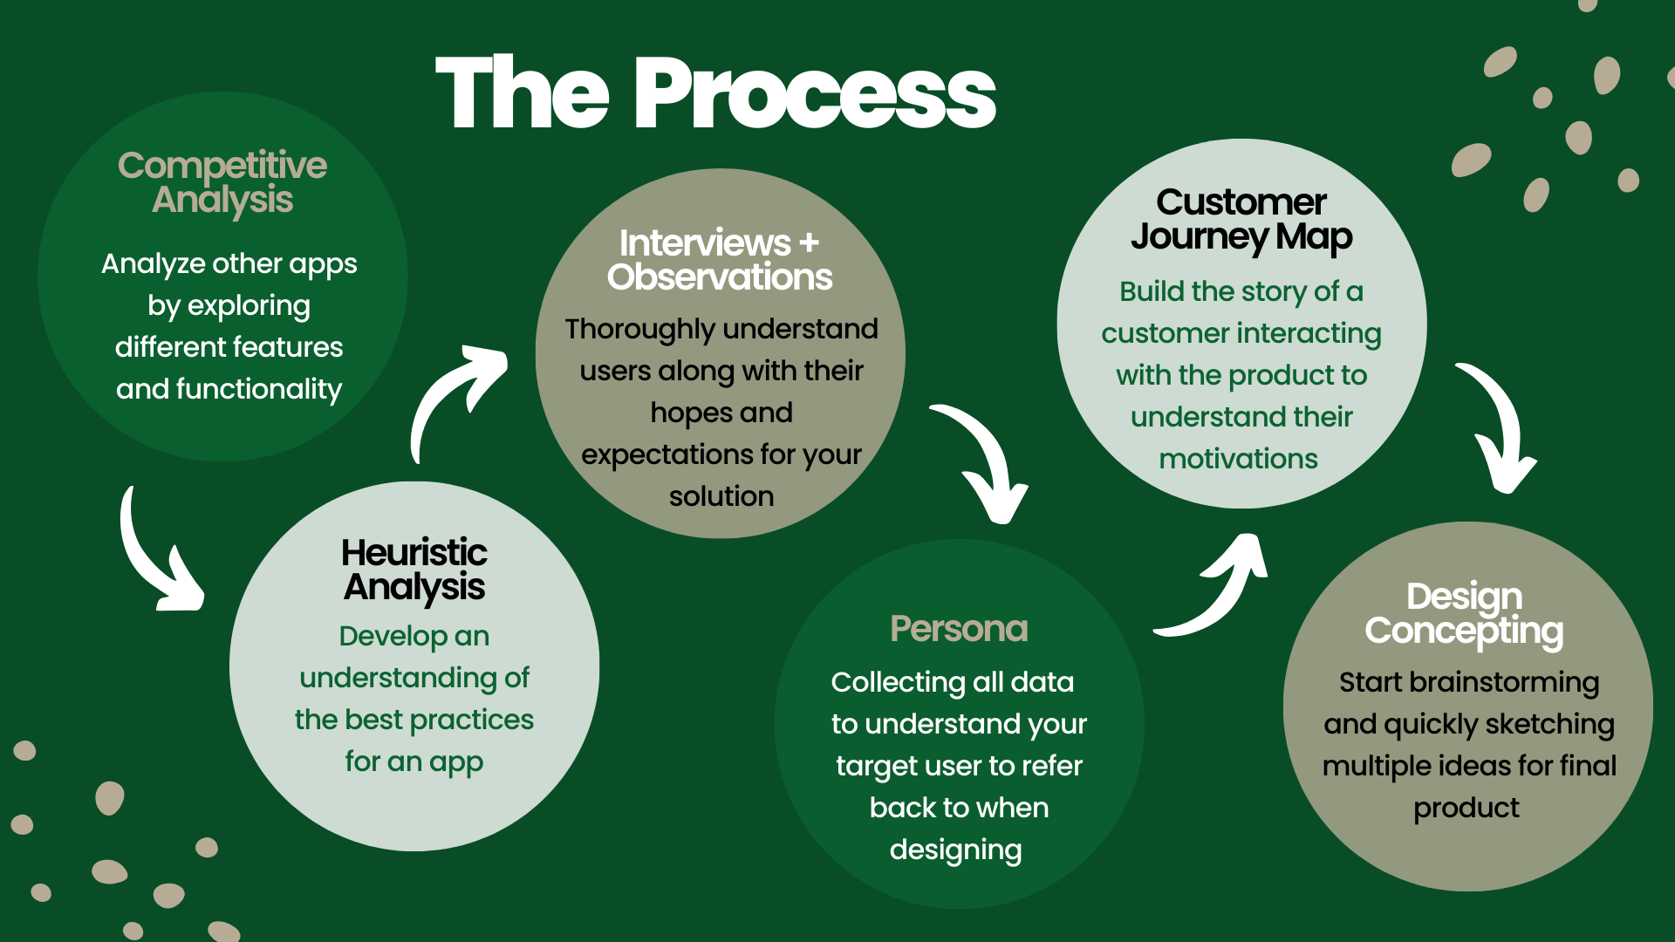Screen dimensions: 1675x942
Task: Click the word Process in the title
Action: (x=816, y=92)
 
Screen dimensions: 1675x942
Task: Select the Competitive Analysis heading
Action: (x=222, y=182)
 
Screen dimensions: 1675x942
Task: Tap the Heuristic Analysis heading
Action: (x=414, y=570)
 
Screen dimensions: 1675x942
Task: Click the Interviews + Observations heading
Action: (x=720, y=259)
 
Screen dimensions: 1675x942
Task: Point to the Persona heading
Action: (x=959, y=628)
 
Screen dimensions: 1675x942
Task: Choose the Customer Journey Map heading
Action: (x=1241, y=220)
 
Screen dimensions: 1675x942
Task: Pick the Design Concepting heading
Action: (x=1465, y=614)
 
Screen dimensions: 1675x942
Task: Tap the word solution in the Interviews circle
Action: (x=721, y=496)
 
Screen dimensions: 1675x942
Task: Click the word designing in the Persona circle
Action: (x=956, y=850)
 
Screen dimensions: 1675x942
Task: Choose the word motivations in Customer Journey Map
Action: (x=1239, y=459)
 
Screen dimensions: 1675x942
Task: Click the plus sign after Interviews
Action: (x=810, y=242)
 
